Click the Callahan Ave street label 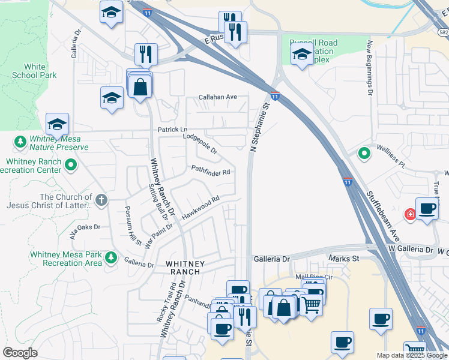218,97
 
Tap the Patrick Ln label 172,130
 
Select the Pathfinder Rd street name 211,171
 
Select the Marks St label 343,259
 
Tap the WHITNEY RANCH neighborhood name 185,268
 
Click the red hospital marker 411,214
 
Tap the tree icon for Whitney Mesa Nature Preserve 20,142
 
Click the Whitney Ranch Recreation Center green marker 71,164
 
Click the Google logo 20,353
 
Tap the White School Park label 34,71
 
